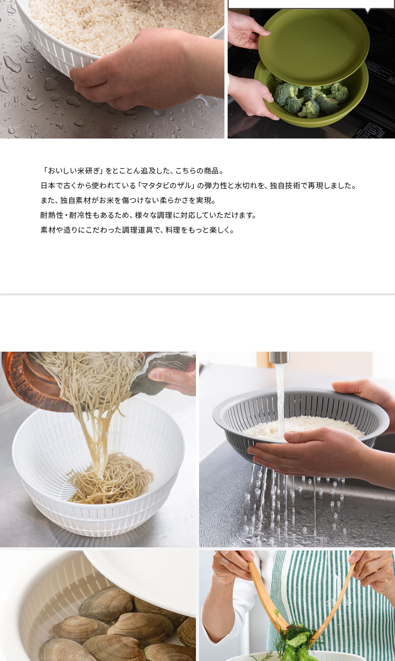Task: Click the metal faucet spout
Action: [279, 357]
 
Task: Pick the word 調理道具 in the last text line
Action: [138, 230]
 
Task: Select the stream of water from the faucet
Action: [280, 398]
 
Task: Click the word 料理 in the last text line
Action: [173, 230]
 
